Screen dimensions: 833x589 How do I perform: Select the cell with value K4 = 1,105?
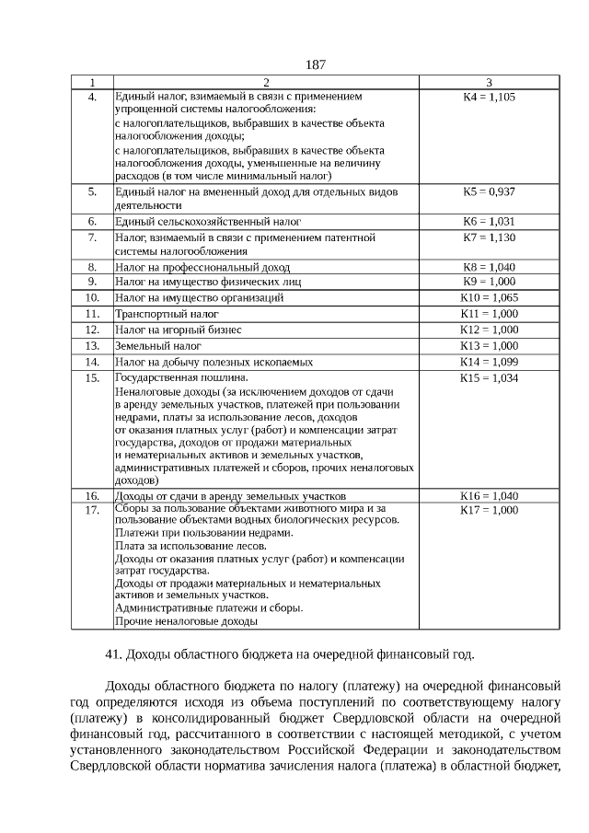pos(489,96)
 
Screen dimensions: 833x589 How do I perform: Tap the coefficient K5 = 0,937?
pos(489,191)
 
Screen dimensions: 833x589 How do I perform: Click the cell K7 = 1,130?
pos(489,237)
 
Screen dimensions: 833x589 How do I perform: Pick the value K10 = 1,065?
pos(489,297)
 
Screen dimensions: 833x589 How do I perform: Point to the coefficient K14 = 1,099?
pos(489,362)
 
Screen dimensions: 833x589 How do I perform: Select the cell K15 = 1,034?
pos(489,377)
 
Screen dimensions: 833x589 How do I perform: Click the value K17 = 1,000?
pos(489,509)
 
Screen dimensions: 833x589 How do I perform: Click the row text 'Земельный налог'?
pos(157,346)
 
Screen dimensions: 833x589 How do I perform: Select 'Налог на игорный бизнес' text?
pos(178,330)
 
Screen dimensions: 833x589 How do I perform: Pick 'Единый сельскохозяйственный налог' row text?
pos(207,222)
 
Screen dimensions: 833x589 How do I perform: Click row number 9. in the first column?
pos(92,281)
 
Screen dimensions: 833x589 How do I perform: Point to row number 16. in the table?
pos(92,495)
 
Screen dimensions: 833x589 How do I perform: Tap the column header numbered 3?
pos(489,82)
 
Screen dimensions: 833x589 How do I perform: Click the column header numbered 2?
pos(266,82)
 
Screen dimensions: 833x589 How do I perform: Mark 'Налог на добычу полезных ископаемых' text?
pos(214,363)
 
